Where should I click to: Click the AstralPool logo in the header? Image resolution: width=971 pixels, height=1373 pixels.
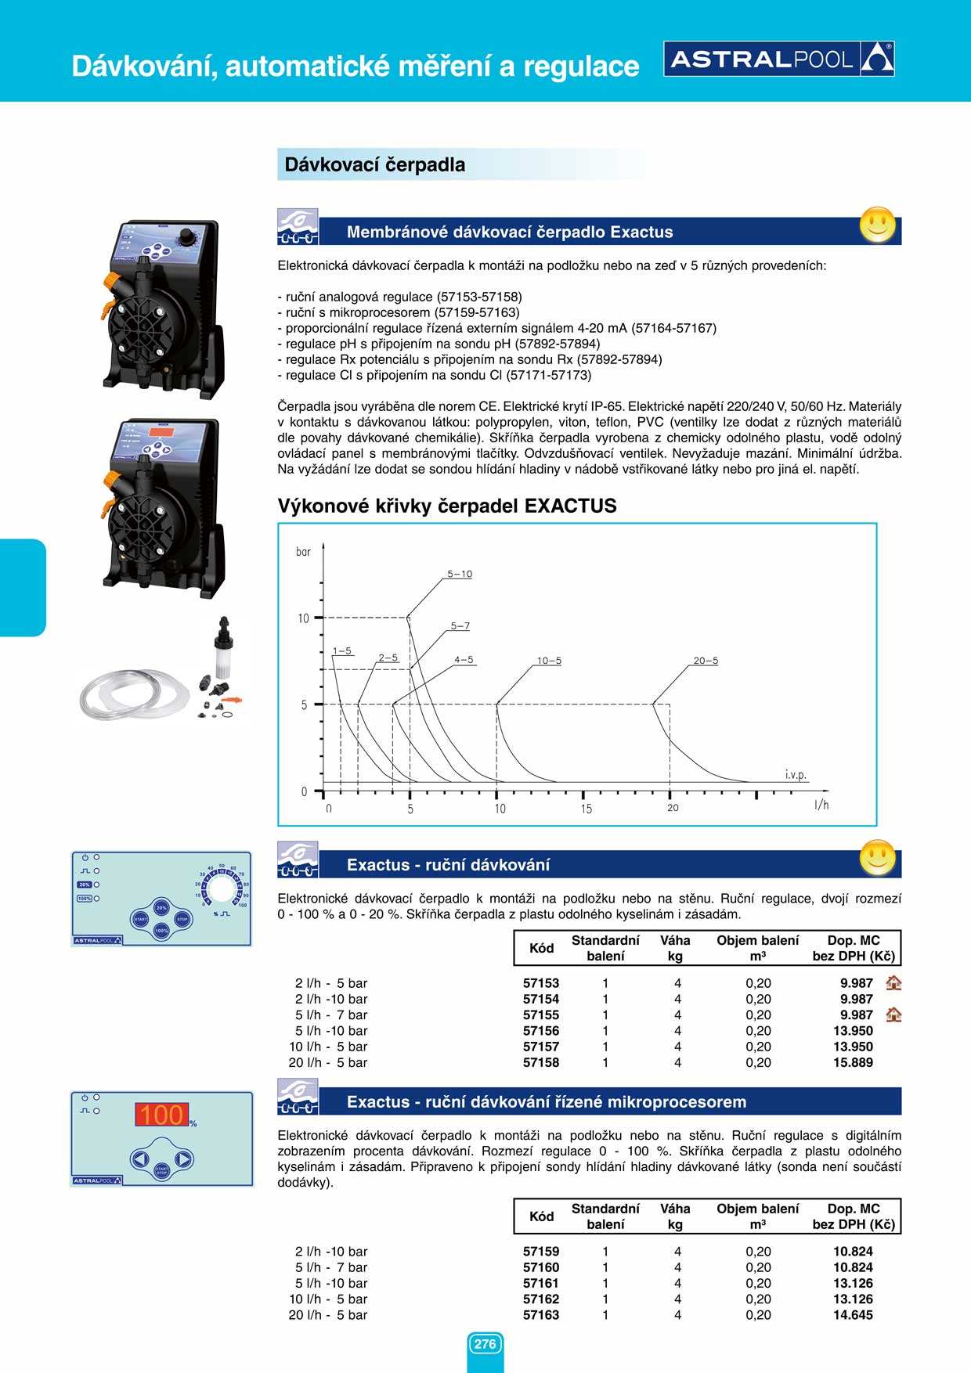tap(779, 59)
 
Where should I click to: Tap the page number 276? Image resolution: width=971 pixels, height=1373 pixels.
tap(485, 1344)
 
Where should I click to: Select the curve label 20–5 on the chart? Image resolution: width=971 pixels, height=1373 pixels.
tap(706, 661)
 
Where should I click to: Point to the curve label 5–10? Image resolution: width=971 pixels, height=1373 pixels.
tap(460, 574)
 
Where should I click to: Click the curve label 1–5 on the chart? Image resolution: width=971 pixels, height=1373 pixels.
tap(342, 650)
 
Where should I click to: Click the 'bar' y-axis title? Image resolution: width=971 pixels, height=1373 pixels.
tap(303, 552)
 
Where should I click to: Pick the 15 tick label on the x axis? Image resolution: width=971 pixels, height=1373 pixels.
tap(586, 809)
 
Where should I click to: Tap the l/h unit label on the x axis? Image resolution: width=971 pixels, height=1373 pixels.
tap(821, 805)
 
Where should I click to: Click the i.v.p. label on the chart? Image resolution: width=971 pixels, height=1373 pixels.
tap(796, 775)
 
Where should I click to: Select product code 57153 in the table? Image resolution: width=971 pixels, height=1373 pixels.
tap(541, 983)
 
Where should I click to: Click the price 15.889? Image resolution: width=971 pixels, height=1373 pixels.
tap(853, 1062)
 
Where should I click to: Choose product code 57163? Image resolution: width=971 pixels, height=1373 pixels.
tap(541, 1315)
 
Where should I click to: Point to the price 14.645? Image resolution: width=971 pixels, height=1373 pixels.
tap(853, 1315)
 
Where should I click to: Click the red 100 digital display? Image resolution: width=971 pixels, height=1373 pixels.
tap(162, 1115)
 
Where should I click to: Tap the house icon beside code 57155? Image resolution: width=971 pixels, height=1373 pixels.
tap(893, 1015)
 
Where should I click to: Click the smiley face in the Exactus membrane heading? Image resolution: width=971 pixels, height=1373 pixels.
tap(877, 225)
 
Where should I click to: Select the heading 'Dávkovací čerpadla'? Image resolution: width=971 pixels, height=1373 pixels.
tap(375, 165)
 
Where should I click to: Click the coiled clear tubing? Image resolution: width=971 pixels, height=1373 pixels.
tap(133, 694)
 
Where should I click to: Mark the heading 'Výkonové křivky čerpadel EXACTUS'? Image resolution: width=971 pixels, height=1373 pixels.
tap(447, 506)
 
